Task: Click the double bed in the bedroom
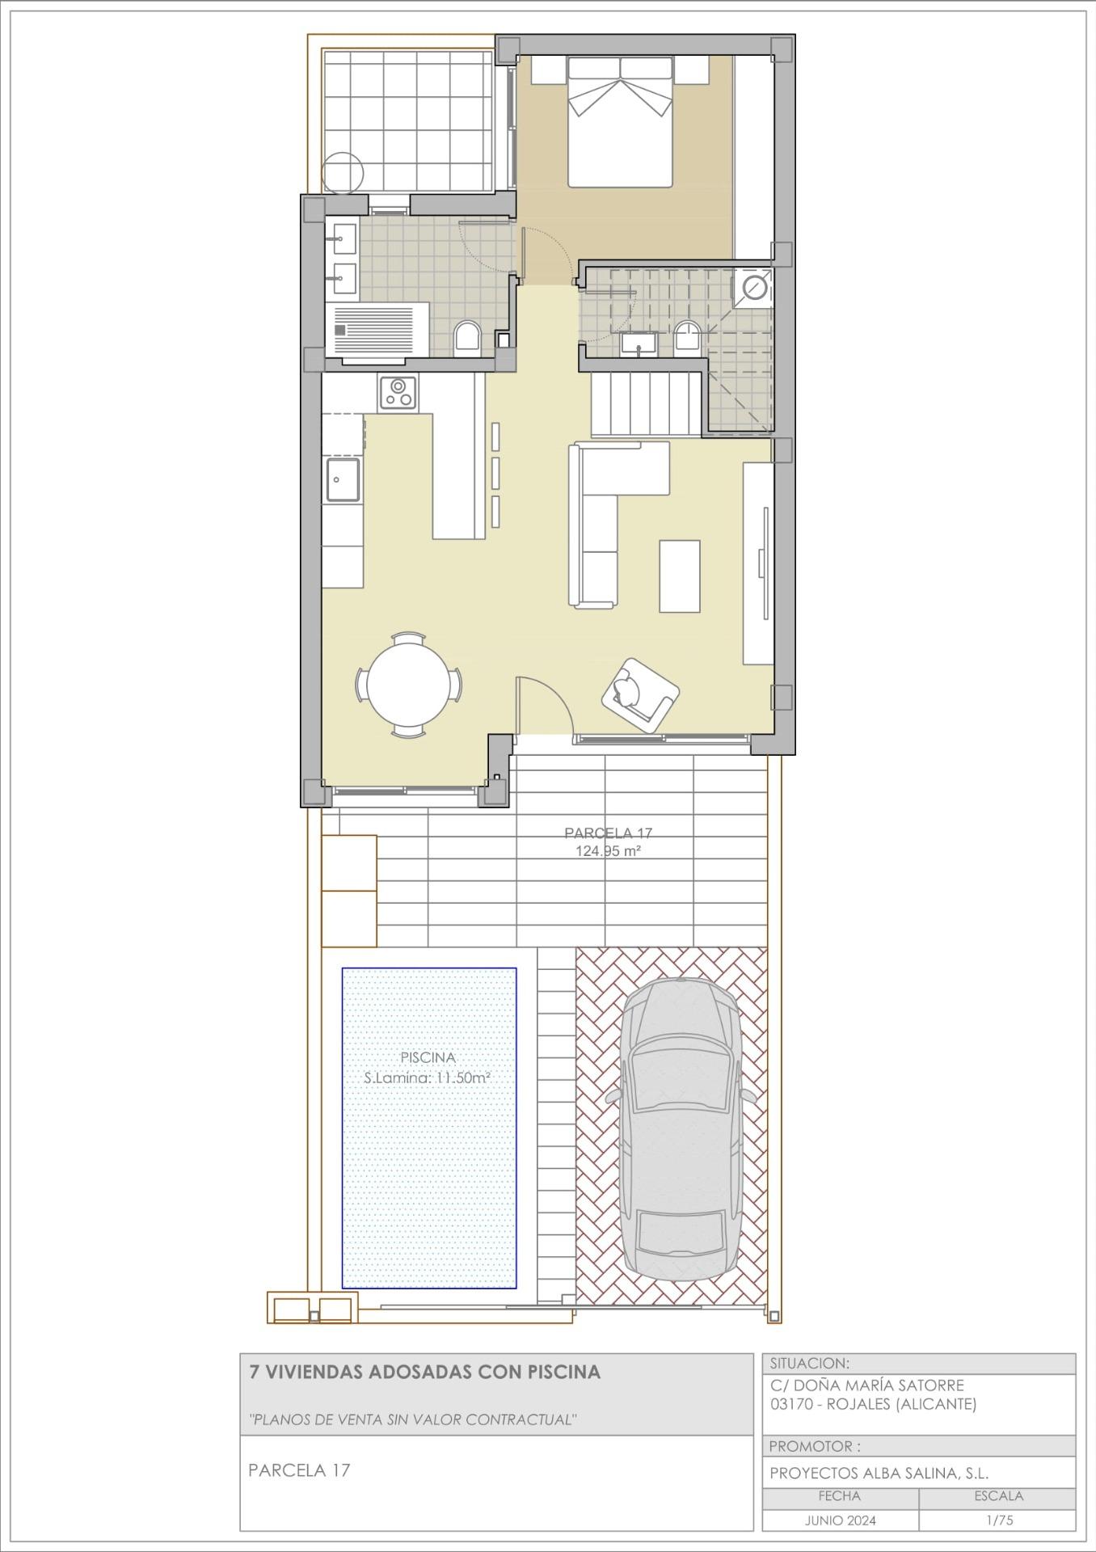coord(620,121)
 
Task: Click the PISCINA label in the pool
coord(428,1057)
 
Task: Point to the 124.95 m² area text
coord(608,851)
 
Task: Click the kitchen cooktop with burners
coord(398,393)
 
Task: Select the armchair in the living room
coord(639,694)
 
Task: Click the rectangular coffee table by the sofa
coord(679,576)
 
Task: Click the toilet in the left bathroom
coord(466,337)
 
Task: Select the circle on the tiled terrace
coord(343,171)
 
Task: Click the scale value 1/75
coord(999,1520)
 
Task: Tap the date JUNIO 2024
coord(840,1520)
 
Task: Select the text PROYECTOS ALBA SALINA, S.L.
coord(879,1473)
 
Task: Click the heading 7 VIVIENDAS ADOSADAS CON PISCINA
coord(424,1372)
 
